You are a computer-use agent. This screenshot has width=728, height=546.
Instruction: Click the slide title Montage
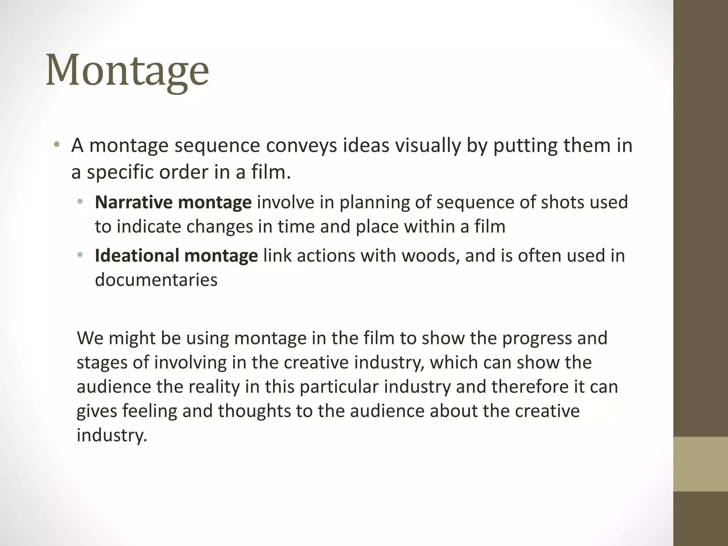[127, 71]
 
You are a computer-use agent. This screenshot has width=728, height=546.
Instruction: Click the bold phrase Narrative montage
[173, 202]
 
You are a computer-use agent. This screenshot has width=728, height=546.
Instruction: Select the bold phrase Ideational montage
[176, 256]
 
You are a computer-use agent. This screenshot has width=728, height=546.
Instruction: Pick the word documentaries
[156, 280]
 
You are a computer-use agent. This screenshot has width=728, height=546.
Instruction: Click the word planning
[373, 202]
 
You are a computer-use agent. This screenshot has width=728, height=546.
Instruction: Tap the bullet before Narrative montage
[80, 202]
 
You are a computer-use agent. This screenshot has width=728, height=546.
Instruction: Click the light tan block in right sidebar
[700, 464]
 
